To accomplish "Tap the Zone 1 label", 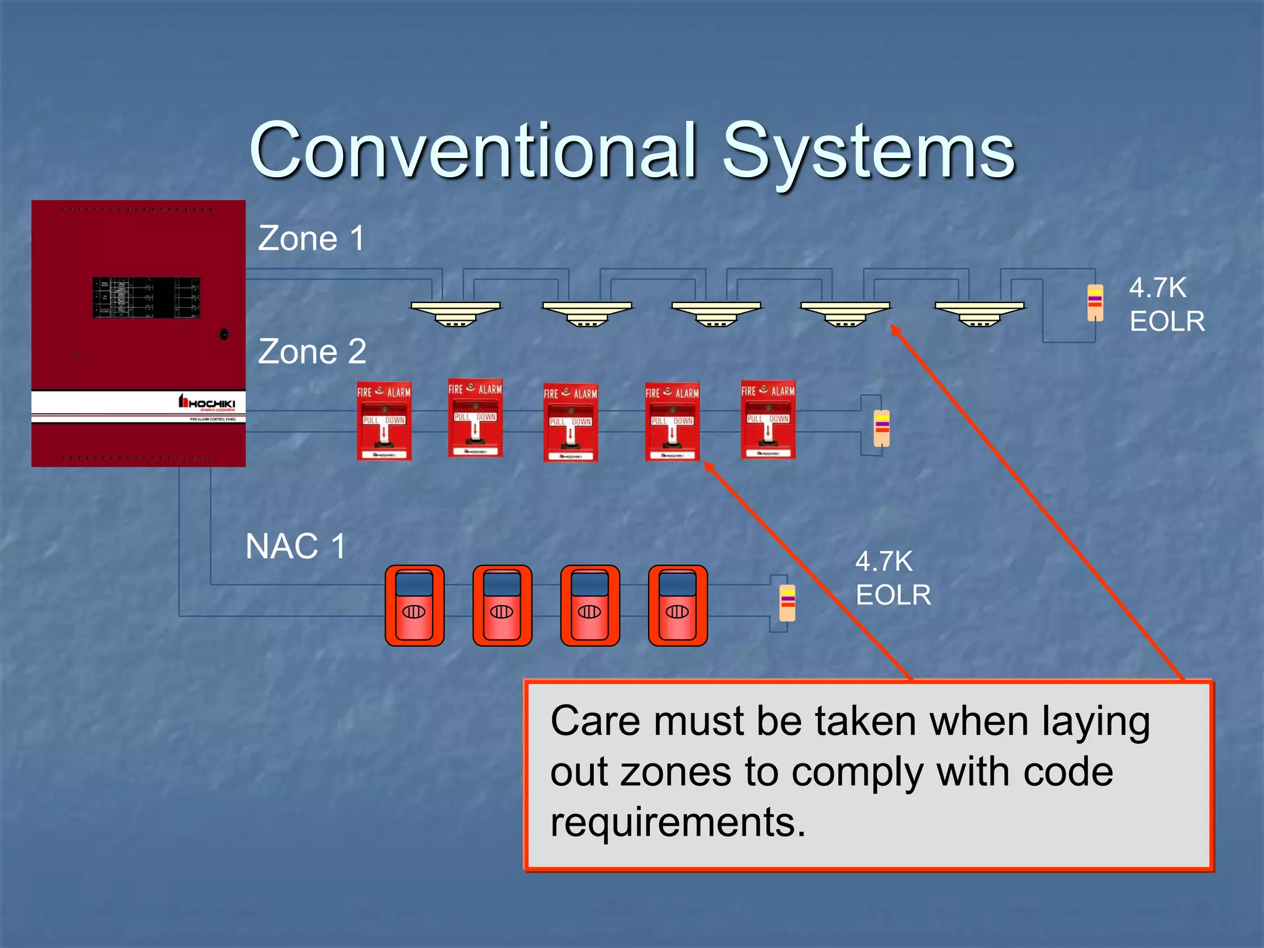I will [x=311, y=238].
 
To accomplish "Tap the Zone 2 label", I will [x=312, y=351].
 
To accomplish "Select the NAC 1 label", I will [x=295, y=546].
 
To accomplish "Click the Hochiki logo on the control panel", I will [x=207, y=404].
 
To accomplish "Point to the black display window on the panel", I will [x=146, y=297].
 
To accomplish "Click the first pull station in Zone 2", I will [x=384, y=422].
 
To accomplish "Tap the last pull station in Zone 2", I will [x=768, y=420].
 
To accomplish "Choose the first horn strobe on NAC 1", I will [x=415, y=605].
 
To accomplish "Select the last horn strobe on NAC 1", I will [x=678, y=605].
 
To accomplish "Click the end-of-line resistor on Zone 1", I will [x=1095, y=302].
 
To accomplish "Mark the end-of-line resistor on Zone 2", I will [x=882, y=428].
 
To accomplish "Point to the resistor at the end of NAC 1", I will [x=788, y=602].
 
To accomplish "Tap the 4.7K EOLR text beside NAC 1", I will [x=892, y=578].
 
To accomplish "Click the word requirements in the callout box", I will [x=678, y=823].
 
